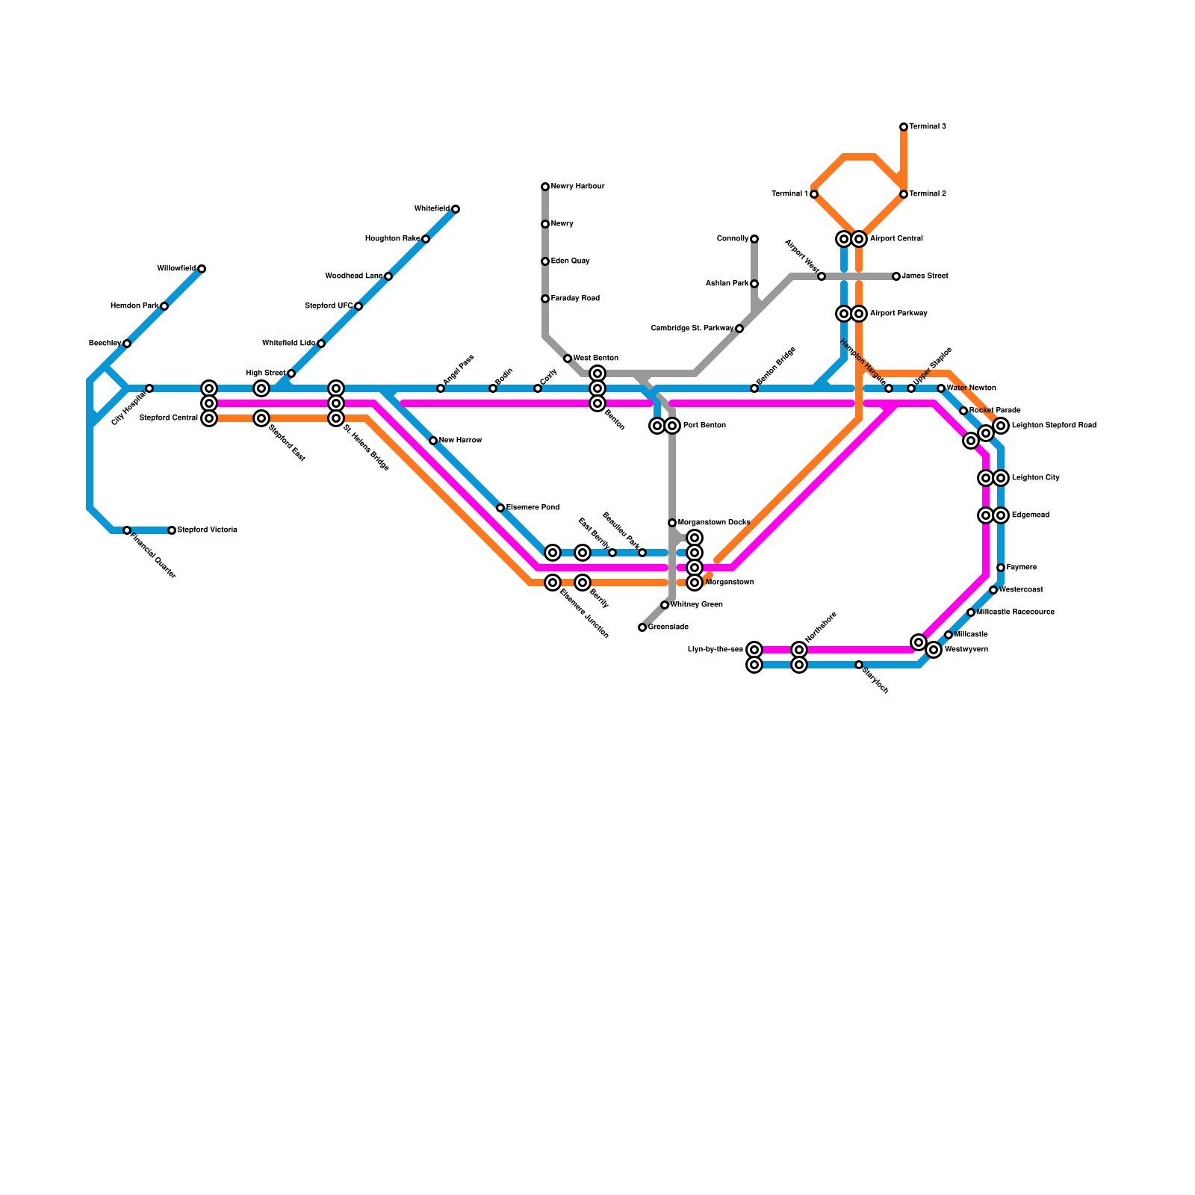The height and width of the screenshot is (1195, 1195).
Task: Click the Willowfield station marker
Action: pos(202,269)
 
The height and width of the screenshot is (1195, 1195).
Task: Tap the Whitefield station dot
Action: pos(456,209)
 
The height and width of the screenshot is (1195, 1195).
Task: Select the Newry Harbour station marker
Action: pos(545,187)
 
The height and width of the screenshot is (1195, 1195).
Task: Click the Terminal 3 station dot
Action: pos(904,127)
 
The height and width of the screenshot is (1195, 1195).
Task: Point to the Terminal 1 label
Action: pos(789,194)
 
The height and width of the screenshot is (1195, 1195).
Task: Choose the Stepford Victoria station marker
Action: pos(172,530)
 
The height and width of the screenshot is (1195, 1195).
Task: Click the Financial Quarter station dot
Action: pos(127,530)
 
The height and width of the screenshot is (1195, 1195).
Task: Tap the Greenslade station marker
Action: pos(642,627)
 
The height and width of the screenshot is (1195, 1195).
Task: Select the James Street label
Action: pos(925,276)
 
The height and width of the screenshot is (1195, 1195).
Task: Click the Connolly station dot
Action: pos(754,239)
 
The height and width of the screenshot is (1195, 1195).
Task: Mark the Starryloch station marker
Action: pos(859,665)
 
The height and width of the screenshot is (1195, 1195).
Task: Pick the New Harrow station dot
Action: pos(433,441)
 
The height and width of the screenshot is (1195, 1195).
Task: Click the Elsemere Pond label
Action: pos(533,508)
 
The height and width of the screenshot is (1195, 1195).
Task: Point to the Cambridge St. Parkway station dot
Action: pos(739,329)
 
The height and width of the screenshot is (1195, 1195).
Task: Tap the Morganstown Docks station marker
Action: pos(672,523)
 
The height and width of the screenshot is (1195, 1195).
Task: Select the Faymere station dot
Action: pos(1001,568)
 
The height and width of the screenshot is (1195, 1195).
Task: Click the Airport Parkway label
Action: pos(898,314)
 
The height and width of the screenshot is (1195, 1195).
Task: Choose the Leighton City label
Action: pos(1035,478)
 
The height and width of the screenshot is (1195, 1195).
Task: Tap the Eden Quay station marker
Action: pos(545,261)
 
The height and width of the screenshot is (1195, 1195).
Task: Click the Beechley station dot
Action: pos(127,344)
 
